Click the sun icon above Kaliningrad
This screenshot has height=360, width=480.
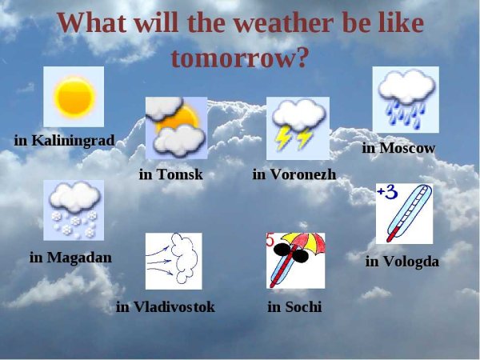pyautogui.click(x=74, y=96)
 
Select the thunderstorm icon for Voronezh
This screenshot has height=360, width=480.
pyautogui.click(x=298, y=127)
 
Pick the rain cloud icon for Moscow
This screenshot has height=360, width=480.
pyautogui.click(x=406, y=99)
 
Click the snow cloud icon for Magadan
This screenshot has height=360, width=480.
pyautogui.click(x=74, y=210)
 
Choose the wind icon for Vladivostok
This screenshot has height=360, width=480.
pyautogui.click(x=174, y=261)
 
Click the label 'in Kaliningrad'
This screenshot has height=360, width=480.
pyautogui.click(x=64, y=141)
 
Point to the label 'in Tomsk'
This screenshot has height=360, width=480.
pyautogui.click(x=170, y=174)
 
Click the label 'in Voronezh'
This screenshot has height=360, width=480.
pyautogui.click(x=294, y=174)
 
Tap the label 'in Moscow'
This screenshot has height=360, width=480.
pyautogui.click(x=398, y=148)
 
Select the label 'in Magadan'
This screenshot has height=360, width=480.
pyautogui.click(x=70, y=258)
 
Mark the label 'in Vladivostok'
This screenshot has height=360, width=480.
pyautogui.click(x=166, y=307)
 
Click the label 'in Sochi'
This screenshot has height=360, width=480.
pyautogui.click(x=294, y=307)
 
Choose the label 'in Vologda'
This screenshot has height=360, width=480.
pyautogui.click(x=402, y=262)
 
